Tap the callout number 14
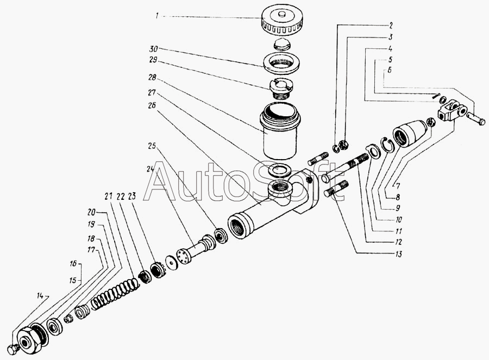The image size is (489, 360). pos(40,295)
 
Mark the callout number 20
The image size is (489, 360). pos(91,212)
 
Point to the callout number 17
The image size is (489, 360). pos(91,250)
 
